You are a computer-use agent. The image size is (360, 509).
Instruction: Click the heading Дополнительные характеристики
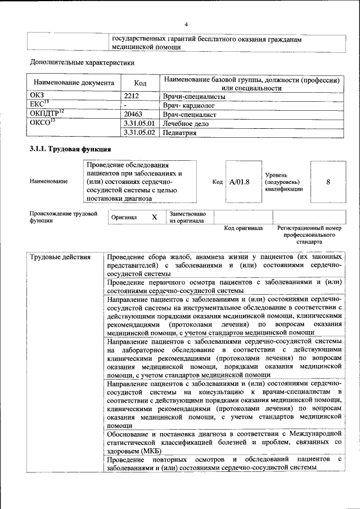[82, 62]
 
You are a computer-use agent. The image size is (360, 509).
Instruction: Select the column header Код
[141, 83]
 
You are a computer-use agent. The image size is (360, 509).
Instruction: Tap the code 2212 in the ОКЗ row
[132, 96]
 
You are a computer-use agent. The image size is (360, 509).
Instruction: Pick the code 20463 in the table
[134, 114]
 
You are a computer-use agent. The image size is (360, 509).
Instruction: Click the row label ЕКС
[39, 105]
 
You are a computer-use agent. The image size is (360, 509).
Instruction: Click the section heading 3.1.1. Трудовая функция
[70, 150]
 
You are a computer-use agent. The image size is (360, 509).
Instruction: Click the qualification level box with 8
[327, 182]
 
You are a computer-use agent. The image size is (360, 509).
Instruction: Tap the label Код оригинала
[243, 228]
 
